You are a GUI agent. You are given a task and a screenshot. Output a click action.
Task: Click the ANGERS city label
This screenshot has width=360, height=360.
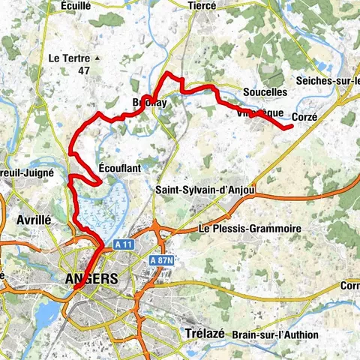pyautogui.click(x=92, y=278)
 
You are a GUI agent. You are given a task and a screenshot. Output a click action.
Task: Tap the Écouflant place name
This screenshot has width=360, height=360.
pyautogui.click(x=120, y=169)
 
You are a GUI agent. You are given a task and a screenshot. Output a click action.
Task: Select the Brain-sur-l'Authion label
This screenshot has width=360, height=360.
pyautogui.click(x=275, y=334)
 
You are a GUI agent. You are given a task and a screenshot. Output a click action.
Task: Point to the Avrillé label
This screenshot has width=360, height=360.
pyautogui.click(x=34, y=220)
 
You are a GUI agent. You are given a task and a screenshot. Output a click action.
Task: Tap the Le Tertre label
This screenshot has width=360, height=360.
pyautogui.click(x=68, y=57)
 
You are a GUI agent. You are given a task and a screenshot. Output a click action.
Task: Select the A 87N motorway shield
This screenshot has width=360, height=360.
pyautogui.click(x=161, y=259)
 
